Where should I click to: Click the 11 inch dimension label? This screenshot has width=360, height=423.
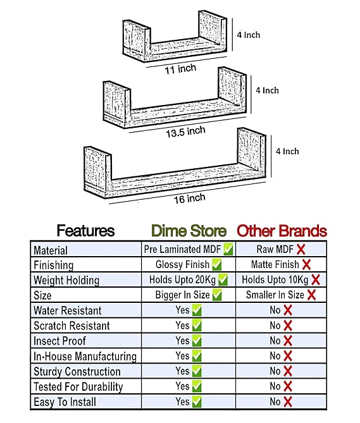(180, 69)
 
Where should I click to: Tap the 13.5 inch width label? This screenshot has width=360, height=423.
(185, 132)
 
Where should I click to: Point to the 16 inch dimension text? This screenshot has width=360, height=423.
(189, 199)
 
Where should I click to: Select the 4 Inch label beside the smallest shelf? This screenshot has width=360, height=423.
(249, 35)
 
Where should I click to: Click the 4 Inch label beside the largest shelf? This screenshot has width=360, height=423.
(287, 151)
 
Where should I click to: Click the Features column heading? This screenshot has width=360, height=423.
(85, 231)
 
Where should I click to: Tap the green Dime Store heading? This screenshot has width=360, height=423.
(189, 231)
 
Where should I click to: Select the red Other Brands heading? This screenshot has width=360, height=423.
(282, 231)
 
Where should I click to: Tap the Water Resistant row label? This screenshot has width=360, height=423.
(68, 310)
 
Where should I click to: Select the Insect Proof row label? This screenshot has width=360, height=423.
(59, 341)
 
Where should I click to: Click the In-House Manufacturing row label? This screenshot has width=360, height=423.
(85, 357)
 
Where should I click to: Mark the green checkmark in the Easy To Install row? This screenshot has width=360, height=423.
(197, 402)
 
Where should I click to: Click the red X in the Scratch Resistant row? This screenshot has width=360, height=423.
(288, 326)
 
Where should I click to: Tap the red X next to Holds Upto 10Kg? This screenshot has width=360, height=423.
(316, 279)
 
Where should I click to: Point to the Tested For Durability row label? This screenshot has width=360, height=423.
(78, 387)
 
